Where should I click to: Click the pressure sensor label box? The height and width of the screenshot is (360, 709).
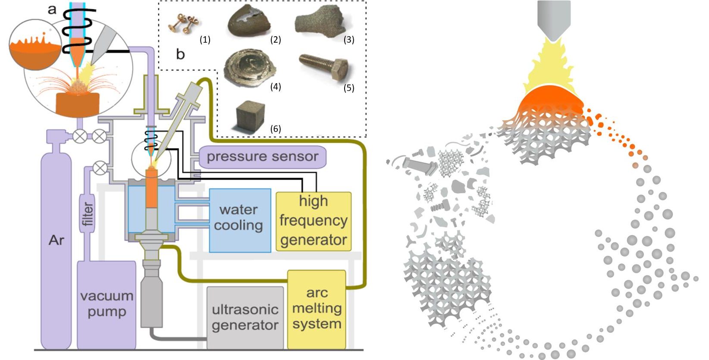click(x=262, y=157)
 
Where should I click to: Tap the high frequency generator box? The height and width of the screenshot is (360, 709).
click(x=314, y=221)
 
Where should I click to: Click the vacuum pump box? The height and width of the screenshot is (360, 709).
click(x=107, y=304)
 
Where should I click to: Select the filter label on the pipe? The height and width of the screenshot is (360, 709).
click(x=88, y=214)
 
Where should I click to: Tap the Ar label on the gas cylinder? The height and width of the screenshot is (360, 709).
click(x=56, y=240)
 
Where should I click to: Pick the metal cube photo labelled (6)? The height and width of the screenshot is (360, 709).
click(x=251, y=116)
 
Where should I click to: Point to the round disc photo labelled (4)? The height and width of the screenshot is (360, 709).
click(x=249, y=68)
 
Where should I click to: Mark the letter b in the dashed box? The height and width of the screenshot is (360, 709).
click(x=180, y=54)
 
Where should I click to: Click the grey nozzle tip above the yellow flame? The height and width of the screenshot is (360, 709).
click(x=554, y=19)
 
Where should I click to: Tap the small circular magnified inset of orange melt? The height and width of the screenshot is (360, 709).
click(x=35, y=44)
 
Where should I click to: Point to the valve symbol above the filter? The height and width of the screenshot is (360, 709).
click(x=100, y=168)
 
